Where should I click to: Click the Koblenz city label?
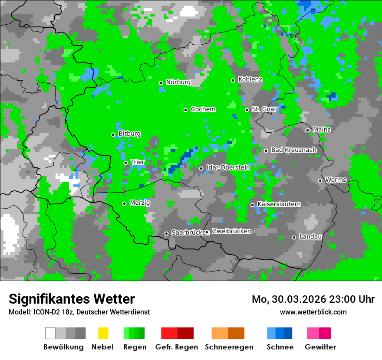(x=250, y=80)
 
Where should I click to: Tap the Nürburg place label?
(x=178, y=82)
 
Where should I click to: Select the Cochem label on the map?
(x=203, y=109)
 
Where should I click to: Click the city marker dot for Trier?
(x=126, y=163)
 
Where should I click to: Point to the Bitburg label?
(x=129, y=134)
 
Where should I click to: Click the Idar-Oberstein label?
(x=228, y=167)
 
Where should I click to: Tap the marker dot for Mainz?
(x=307, y=130)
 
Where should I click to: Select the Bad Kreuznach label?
(x=293, y=150)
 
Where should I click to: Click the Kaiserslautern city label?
(x=279, y=204)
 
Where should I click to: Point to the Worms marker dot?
(x=320, y=180)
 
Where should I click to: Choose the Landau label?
(x=310, y=237)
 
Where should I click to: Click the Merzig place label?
(x=140, y=203)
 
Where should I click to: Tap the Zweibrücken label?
(x=231, y=232)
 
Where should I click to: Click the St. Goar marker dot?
(x=247, y=110)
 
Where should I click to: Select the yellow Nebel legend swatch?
(x=103, y=333)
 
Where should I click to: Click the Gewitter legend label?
(x=320, y=347)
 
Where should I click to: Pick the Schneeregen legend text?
(x=229, y=347)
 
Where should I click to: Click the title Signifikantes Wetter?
(x=72, y=299)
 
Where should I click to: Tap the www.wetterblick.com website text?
(x=313, y=312)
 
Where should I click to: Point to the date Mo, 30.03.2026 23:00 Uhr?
(x=313, y=299)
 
